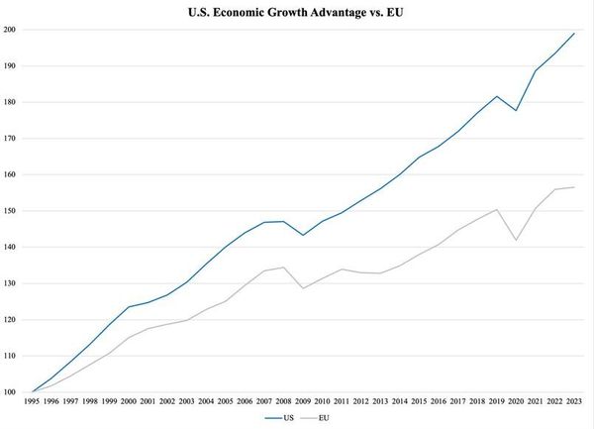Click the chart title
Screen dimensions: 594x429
(x=295, y=12)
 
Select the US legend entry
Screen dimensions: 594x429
(x=279, y=418)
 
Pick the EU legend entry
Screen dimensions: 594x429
(x=315, y=418)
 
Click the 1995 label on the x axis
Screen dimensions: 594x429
(x=32, y=401)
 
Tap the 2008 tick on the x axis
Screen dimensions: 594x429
(x=283, y=401)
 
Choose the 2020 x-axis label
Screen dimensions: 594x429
(x=516, y=401)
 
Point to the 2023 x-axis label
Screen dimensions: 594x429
(x=574, y=401)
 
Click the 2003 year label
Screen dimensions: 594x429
(x=187, y=401)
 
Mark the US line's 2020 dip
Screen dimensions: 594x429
(x=516, y=110)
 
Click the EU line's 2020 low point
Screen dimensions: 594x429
(x=516, y=240)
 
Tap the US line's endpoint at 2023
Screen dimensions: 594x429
(x=574, y=34)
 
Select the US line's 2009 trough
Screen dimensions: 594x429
(x=303, y=235)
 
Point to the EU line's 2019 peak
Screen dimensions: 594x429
(x=497, y=210)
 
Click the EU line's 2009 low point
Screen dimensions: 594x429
(x=303, y=288)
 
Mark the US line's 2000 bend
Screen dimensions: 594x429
(x=129, y=307)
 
